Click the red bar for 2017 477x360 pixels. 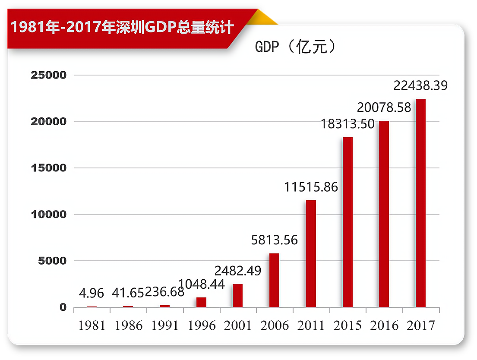[x=420, y=203]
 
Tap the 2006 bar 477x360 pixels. [x=274, y=280]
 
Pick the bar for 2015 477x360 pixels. [x=347, y=222]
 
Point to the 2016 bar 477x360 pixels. [x=384, y=214]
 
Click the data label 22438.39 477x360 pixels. [x=420, y=86]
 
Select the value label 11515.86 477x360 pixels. [x=311, y=187]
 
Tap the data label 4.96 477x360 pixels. [x=92, y=294]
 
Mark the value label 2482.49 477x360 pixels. [x=238, y=271]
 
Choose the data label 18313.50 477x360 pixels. [x=347, y=124]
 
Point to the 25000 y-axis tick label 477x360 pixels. [x=49, y=75]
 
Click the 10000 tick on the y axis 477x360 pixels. [x=49, y=215]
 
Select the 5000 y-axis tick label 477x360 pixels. [x=52, y=261]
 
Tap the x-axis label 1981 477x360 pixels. [x=92, y=325]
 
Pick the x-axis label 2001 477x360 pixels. [x=238, y=325]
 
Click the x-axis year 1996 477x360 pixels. [x=202, y=325]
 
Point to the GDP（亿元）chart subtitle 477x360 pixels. [x=295, y=47]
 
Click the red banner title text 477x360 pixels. [x=122, y=28]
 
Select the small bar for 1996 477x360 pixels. [x=201, y=302]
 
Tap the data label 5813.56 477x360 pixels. [x=275, y=240]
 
